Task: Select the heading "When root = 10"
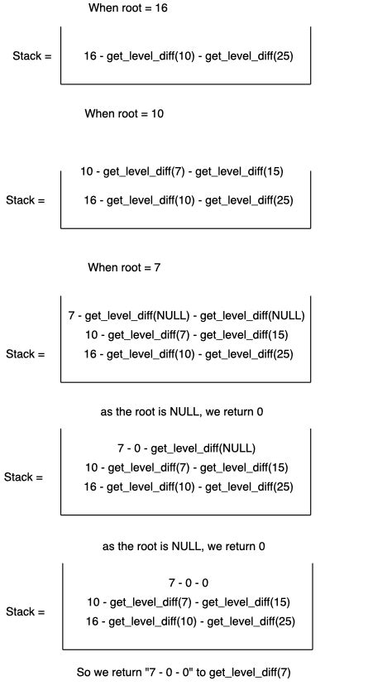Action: coord(124,113)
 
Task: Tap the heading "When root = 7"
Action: coord(124,267)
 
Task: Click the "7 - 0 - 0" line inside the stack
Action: coord(189,582)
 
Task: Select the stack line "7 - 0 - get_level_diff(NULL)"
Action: coord(187,448)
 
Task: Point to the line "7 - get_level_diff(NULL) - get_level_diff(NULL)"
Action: coord(187,315)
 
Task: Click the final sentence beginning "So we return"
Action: coord(184,673)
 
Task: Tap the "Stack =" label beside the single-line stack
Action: coord(32,56)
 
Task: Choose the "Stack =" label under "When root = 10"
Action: coord(26,200)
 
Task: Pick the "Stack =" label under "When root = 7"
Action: coord(26,354)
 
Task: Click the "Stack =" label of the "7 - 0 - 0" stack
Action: coord(26,612)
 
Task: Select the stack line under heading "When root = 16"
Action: coord(189,56)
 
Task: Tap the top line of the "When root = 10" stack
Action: coord(182,172)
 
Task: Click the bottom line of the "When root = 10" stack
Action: coord(189,199)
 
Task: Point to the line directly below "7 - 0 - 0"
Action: coord(189,602)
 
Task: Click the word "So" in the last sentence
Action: coord(84,673)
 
